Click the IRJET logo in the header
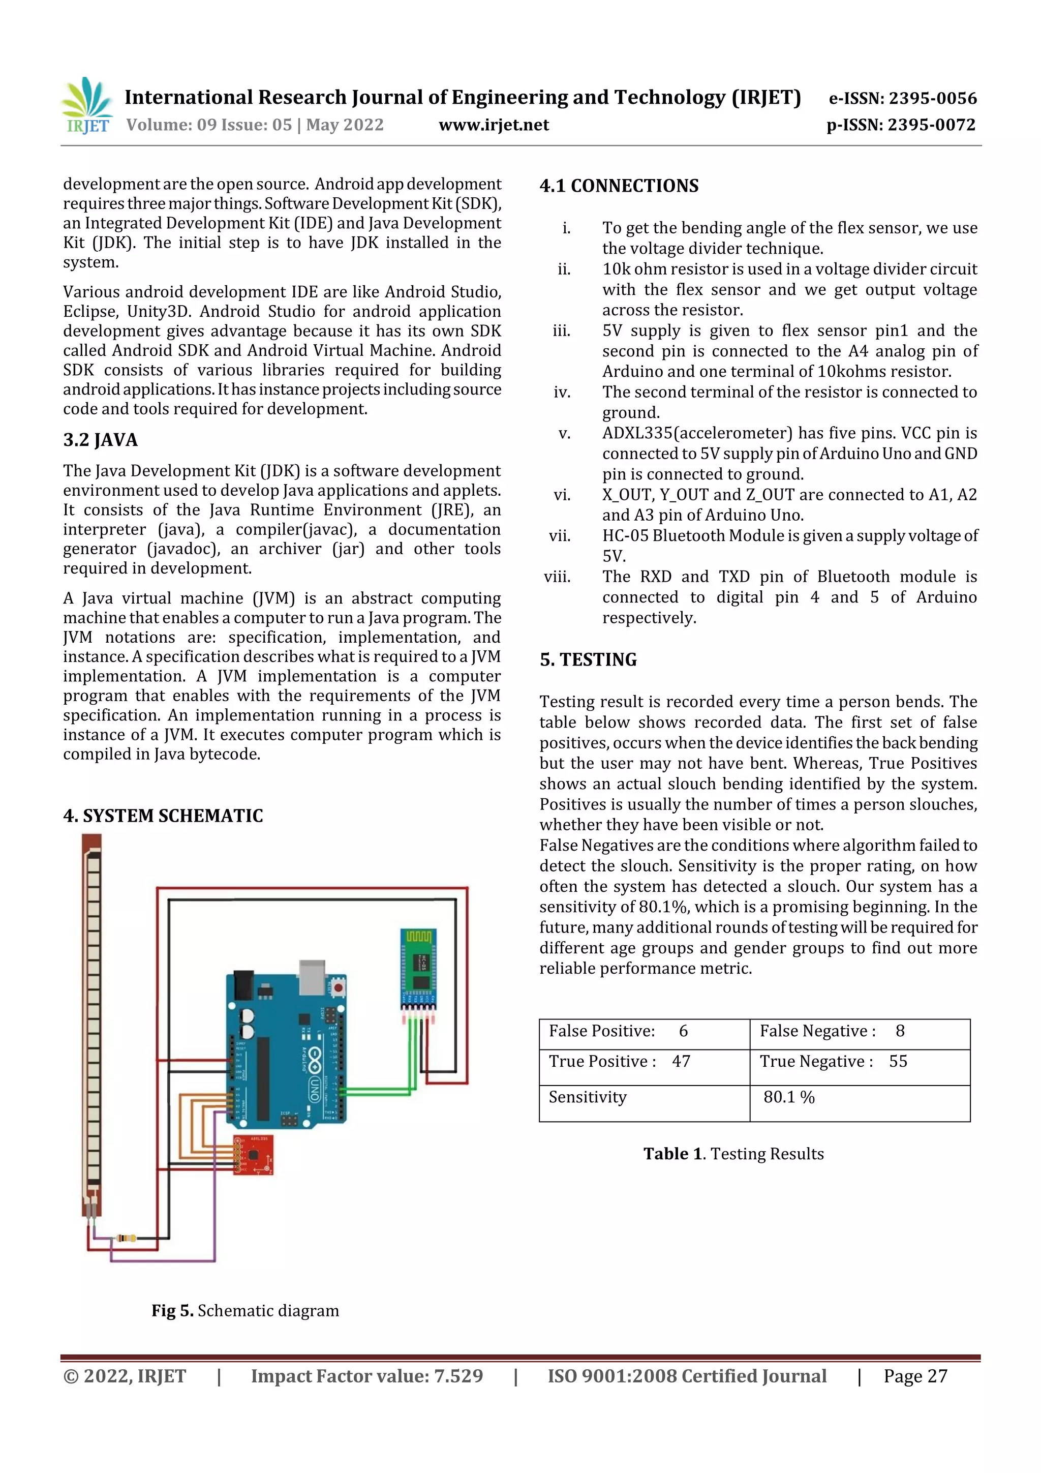tap(88, 106)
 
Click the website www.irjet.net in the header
tap(493, 125)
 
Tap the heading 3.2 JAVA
tap(100, 440)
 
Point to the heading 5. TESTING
tap(588, 659)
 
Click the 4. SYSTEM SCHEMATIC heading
tap(163, 816)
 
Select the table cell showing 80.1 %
tap(788, 1097)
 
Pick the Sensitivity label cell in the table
tap(587, 1097)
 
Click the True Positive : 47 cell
tap(619, 1061)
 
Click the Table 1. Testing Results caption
tap(733, 1154)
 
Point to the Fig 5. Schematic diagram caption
tap(245, 1310)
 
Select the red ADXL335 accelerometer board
tap(253, 1154)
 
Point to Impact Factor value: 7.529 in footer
tap(366, 1376)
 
